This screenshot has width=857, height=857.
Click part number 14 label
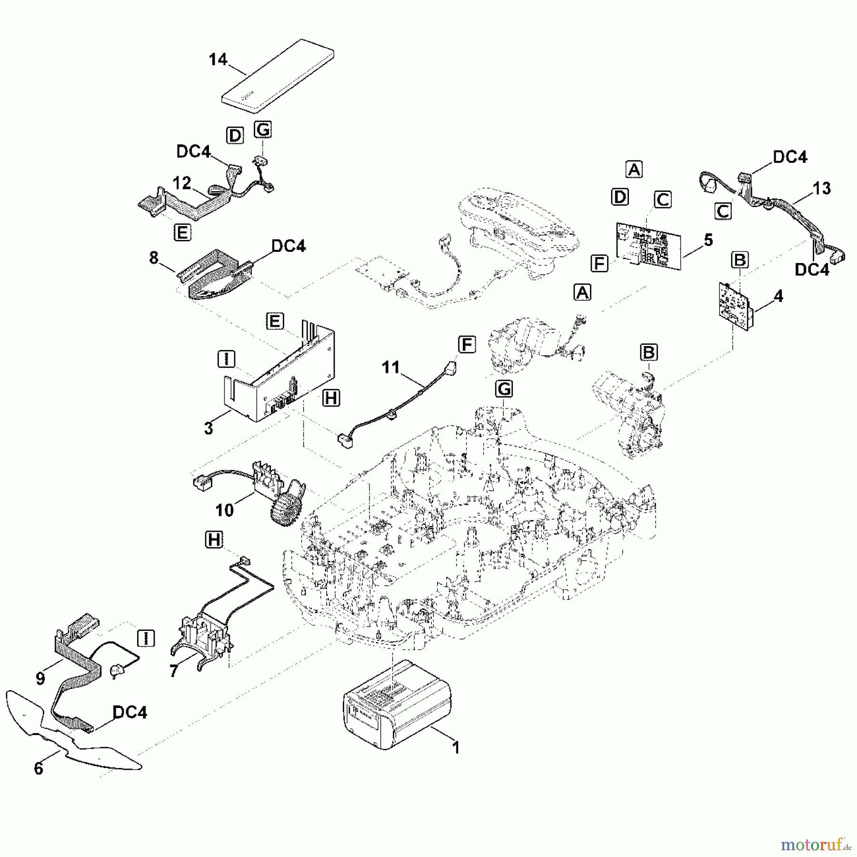(x=218, y=60)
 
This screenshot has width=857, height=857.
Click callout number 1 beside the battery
(x=456, y=748)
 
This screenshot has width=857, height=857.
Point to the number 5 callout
(x=708, y=240)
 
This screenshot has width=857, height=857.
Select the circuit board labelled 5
(x=648, y=245)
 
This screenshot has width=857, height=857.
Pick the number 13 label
(x=822, y=189)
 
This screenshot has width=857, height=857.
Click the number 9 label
(x=40, y=678)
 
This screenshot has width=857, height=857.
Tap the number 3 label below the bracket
(x=209, y=428)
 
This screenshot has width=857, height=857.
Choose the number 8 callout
(x=153, y=258)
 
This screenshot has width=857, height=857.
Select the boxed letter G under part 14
(x=263, y=130)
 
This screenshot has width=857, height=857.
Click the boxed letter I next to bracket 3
(x=226, y=359)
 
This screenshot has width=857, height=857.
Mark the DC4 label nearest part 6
(x=130, y=712)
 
